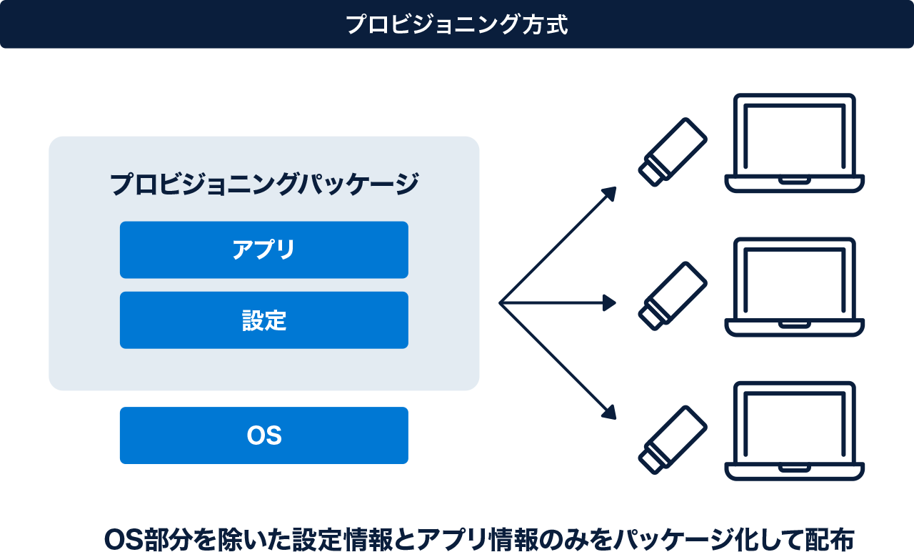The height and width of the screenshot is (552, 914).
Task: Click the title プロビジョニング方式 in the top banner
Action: pos(457,24)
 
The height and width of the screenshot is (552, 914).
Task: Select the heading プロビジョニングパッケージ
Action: pos(264,184)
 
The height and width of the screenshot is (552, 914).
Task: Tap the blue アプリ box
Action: pos(264,250)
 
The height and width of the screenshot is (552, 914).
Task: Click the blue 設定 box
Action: pos(264,320)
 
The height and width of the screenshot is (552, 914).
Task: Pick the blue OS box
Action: pos(264,435)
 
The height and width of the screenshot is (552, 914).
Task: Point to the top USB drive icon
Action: pos(672,152)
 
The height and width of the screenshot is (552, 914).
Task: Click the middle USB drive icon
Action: pos(672,295)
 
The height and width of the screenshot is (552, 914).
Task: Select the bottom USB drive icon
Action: pos(672,439)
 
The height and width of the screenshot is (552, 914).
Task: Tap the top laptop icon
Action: pos(795,143)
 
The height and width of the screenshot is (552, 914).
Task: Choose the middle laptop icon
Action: pos(795,287)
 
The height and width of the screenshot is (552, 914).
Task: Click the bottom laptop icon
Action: pos(795,430)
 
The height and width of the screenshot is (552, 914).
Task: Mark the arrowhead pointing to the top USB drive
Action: pos(611,192)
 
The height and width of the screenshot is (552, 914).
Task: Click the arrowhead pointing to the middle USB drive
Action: pos(611,303)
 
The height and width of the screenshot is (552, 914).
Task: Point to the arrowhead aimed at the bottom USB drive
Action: pos(611,413)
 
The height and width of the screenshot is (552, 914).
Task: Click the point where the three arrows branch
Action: pos(500,303)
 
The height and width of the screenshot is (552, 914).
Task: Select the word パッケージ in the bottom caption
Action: pos(668,540)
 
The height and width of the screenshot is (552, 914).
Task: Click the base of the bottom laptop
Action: pos(795,471)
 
